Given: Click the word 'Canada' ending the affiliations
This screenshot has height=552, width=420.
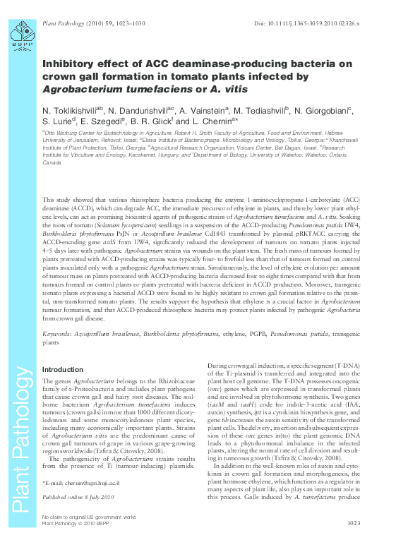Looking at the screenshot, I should [52, 162].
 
